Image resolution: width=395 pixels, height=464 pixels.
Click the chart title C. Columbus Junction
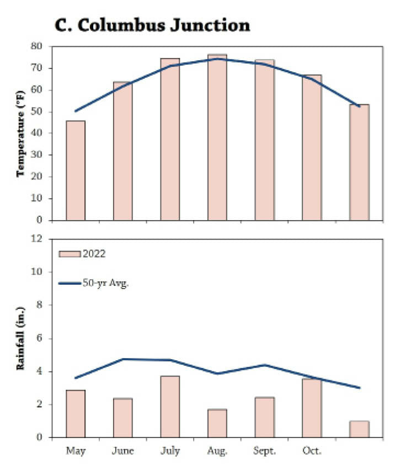click(152, 25)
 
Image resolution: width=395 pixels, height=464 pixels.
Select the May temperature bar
click(76, 170)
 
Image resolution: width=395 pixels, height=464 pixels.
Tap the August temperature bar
click(217, 137)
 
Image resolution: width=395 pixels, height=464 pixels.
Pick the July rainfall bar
click(170, 407)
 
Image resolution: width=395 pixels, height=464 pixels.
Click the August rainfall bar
click(217, 423)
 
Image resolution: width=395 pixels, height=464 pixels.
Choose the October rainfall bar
click(312, 408)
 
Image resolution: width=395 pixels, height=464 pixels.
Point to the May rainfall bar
click(76, 414)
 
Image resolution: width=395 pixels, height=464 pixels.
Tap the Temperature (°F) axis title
click(23, 134)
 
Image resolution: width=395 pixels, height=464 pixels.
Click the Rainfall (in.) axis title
click(23, 338)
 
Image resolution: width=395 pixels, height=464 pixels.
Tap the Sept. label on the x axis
click(264, 451)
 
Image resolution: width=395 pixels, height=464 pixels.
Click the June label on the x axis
click(122, 451)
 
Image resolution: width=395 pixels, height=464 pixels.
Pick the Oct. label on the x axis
click(312, 451)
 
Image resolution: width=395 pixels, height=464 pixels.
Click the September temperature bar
click(264, 140)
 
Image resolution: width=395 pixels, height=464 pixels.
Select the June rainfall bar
click(122, 418)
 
